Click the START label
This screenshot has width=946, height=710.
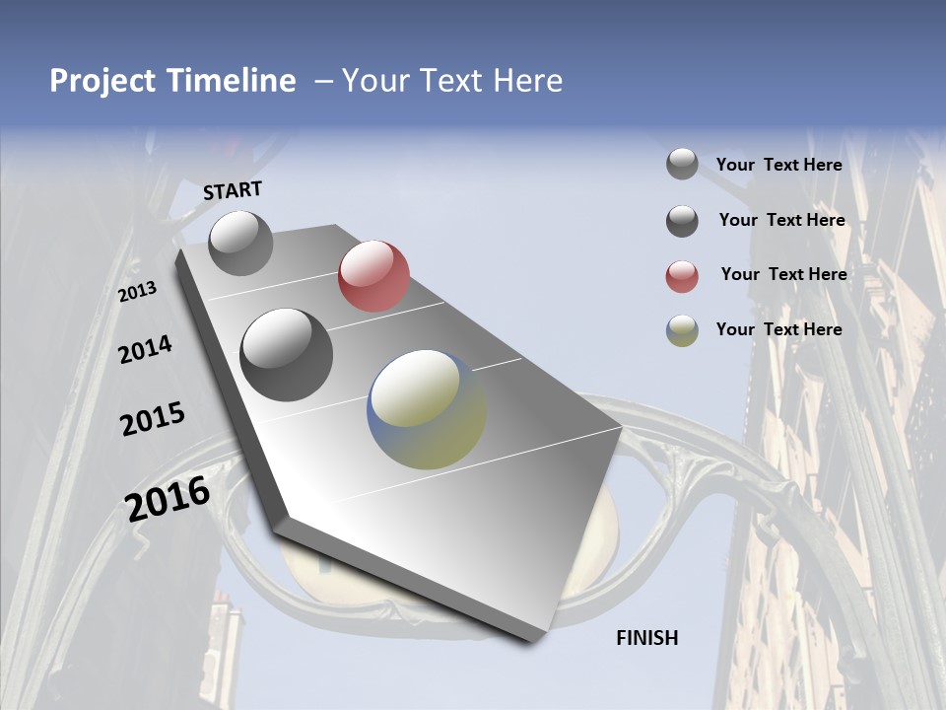[x=233, y=191]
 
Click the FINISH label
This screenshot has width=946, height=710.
[x=647, y=638]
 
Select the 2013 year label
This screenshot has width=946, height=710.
[x=138, y=292]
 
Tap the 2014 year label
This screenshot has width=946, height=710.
[x=145, y=349]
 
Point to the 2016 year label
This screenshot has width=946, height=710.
[x=168, y=498]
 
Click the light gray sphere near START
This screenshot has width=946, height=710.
[x=240, y=243]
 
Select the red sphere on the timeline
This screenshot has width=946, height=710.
[x=373, y=276]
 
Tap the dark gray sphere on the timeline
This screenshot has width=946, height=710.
[x=287, y=355]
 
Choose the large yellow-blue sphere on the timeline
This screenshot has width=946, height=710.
[x=427, y=409]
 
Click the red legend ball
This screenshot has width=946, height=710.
[x=682, y=276]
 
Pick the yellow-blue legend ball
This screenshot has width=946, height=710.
[x=682, y=330]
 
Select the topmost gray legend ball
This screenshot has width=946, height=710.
[x=682, y=165]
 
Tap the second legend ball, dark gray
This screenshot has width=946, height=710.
[x=682, y=221]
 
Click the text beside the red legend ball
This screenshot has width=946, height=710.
[x=783, y=274]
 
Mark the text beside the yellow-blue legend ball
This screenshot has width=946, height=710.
[x=778, y=329]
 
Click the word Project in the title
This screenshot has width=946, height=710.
[x=101, y=81]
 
